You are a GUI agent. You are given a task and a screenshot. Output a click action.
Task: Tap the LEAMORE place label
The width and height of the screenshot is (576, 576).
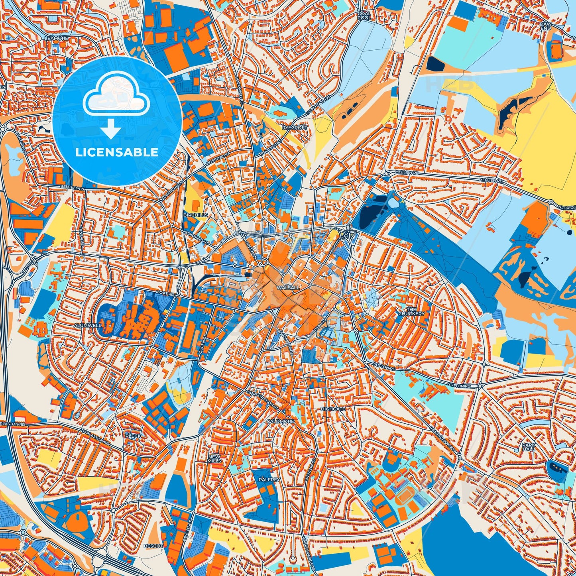pos(57,38)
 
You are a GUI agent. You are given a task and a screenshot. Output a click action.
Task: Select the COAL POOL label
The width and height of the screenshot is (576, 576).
pos(364,16)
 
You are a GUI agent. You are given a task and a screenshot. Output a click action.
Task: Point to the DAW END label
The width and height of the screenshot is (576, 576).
pos(545,26)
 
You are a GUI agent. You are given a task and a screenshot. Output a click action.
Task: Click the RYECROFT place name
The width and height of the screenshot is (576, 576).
pos(295,128)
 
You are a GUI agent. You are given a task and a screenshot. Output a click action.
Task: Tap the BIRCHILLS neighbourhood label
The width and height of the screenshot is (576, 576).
pos(196,215)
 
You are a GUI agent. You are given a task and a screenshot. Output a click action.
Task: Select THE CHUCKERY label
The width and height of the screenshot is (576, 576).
pos(411,311)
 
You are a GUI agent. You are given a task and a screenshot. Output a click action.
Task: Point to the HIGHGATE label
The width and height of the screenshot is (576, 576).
pos(333,409)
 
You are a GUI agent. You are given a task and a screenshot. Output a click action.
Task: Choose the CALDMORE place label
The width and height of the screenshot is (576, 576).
pos(280,421)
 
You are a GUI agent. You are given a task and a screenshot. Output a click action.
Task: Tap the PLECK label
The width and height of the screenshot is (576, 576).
pos(133,436)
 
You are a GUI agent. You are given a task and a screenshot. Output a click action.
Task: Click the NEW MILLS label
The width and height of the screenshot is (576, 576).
pos(214,458)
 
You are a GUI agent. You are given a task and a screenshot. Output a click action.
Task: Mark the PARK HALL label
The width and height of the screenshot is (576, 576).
pos(529,447)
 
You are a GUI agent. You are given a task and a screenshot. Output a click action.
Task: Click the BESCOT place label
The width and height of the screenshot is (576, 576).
pos(153,546)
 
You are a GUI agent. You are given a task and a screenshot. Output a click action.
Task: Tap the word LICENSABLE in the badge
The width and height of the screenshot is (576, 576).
pos(117,152)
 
